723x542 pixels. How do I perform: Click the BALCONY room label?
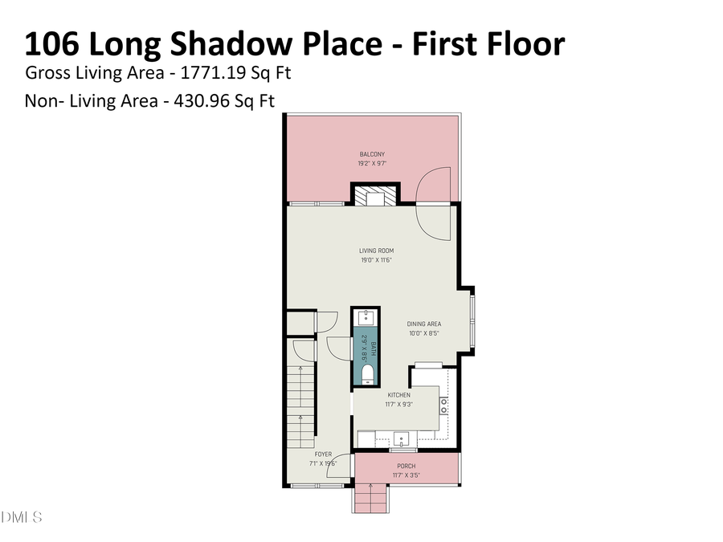coord(372,154)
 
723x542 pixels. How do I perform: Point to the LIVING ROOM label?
coord(376,251)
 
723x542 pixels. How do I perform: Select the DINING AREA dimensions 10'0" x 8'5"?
coord(423,333)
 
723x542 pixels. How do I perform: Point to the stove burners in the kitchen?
coord(443,405)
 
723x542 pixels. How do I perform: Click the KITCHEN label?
coord(399,395)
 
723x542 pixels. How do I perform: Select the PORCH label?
coord(406,467)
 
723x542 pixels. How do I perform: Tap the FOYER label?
coord(323,454)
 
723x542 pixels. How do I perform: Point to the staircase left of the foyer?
coord(301,406)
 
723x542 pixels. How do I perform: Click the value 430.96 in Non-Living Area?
coord(206,102)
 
